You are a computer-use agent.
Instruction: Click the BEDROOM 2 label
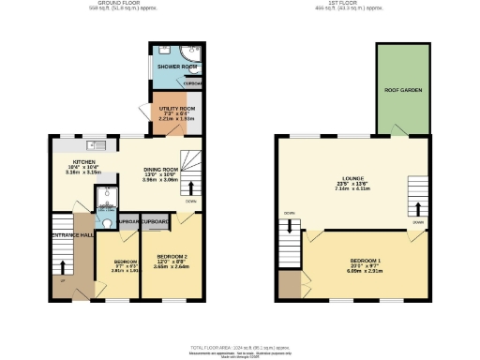[172, 256]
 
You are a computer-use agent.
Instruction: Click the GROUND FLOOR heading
[120, 4]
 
